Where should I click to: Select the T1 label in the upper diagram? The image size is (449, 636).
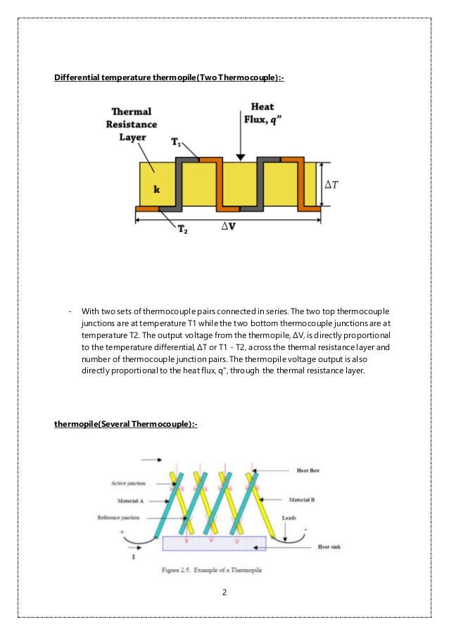pos(177,142)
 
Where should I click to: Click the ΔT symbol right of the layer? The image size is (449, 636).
pos(331,185)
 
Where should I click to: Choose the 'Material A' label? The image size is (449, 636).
pos(131,501)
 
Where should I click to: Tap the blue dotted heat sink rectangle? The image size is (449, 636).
pos(214,543)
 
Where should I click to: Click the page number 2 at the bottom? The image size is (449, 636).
pos(224,592)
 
